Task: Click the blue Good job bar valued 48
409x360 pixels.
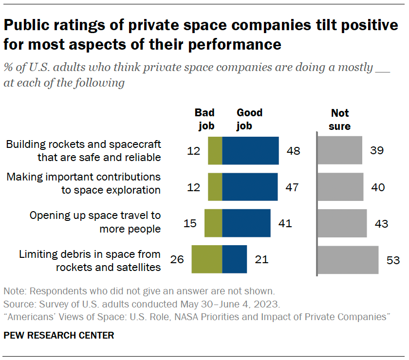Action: pyautogui.click(x=250, y=151)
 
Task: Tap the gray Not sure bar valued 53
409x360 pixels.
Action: pyautogui.click(x=349, y=260)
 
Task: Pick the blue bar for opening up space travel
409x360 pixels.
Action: pyautogui.click(x=246, y=223)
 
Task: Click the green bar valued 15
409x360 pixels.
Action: pyautogui.click(x=213, y=223)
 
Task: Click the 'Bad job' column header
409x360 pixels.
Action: pyautogui.click(x=204, y=120)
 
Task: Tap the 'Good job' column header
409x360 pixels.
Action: pyautogui.click(x=249, y=120)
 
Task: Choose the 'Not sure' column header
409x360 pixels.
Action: pyautogui.click(x=340, y=120)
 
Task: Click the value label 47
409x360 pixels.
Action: pyautogui.click(x=291, y=187)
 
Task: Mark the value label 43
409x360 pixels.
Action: pyautogui.click(x=381, y=224)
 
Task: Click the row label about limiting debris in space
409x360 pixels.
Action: pyautogui.click(x=90, y=260)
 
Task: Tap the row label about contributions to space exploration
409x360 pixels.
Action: pyautogui.click(x=83, y=183)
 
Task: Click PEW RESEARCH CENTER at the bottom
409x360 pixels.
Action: pyautogui.click(x=59, y=335)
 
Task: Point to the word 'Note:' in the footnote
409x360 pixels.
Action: pyautogui.click(x=15, y=292)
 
